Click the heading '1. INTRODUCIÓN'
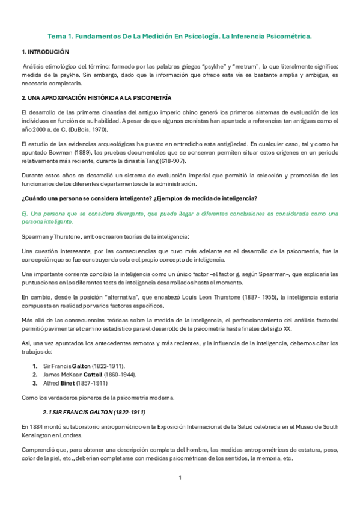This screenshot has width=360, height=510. (x=45, y=52)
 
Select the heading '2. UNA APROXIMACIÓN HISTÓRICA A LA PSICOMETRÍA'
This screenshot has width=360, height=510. (x=96, y=97)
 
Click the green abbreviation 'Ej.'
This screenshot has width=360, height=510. (x=25, y=214)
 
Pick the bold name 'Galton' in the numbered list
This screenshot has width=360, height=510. (x=82, y=365)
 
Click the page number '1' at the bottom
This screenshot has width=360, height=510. (x=180, y=478)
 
